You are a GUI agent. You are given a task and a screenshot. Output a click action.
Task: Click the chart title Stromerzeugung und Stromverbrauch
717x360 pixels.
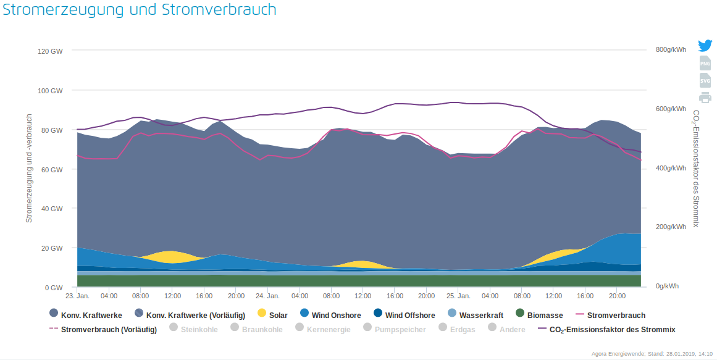[x=140, y=10]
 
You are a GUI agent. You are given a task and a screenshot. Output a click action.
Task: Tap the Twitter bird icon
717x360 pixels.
[x=705, y=46]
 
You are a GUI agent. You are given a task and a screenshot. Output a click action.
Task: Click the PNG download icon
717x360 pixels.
[x=705, y=63]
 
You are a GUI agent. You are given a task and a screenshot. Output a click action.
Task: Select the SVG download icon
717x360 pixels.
[x=705, y=80]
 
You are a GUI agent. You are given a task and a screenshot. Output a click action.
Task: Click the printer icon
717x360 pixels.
[x=705, y=98]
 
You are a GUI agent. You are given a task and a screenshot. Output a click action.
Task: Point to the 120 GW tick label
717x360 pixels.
[x=50, y=51]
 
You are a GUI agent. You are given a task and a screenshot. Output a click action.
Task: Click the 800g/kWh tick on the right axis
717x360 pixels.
[x=671, y=50]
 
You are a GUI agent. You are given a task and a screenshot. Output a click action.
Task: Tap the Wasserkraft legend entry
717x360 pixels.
[x=476, y=316]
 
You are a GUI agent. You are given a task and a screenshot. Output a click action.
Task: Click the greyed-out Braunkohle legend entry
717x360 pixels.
[x=256, y=330]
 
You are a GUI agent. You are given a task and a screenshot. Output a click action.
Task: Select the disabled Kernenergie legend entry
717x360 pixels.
[x=322, y=330]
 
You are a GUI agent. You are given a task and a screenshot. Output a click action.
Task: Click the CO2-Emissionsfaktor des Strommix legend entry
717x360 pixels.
[x=606, y=330]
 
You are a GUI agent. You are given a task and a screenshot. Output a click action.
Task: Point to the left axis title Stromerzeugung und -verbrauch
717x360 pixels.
[x=29, y=167]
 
